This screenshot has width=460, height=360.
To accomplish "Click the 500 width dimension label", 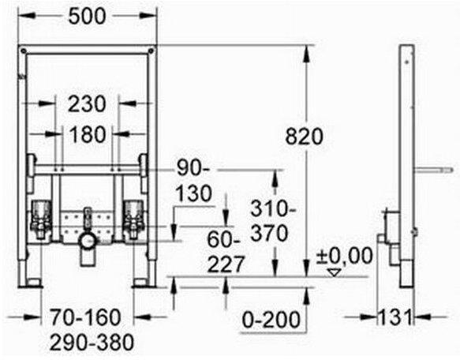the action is pos(87,16).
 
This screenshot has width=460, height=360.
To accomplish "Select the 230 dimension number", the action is pos(87,104).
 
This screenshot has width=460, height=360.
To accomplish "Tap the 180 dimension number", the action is pos(88,134).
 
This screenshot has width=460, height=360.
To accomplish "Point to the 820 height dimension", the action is pos(305,137).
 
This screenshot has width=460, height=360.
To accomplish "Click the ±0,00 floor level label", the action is pos(345,256).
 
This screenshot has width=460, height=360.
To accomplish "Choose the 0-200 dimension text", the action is pos(271,320).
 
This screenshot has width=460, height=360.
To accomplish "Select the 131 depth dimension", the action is pos(395,317).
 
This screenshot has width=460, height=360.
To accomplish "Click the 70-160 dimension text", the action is pos(86,317).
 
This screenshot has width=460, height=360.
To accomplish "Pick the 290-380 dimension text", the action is pos(92,343).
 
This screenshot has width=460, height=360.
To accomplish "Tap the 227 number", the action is pos(226,264).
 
